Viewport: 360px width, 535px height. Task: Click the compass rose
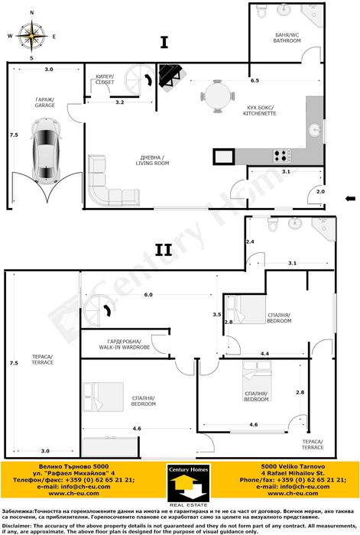pyautogui.click(x=31, y=35)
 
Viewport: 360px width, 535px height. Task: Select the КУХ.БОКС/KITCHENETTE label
pyautogui.click(x=261, y=111)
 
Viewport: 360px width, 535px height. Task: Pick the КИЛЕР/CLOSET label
pyautogui.click(x=106, y=79)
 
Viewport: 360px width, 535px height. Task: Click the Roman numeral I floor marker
pyautogui.click(x=164, y=42)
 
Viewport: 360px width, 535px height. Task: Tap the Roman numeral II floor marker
pyautogui.click(x=163, y=249)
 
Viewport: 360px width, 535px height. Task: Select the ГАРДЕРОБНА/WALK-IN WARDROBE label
pyautogui.click(x=128, y=344)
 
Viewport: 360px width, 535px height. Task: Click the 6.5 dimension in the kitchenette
pyautogui.click(x=254, y=80)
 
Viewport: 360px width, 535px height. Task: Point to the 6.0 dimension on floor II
pyautogui.click(x=148, y=295)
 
